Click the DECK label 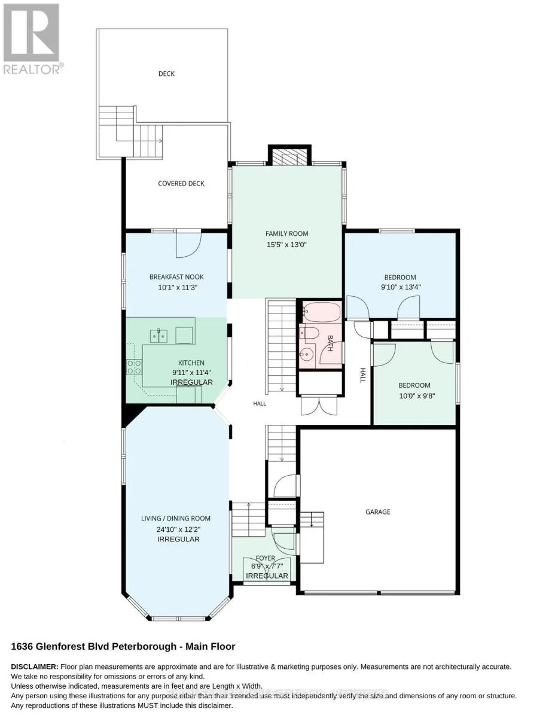tap(166, 74)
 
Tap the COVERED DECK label tap(181, 183)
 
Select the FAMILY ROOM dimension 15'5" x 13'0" tap(286, 245)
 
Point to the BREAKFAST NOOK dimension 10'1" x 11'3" tap(178, 287)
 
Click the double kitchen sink tap(158, 336)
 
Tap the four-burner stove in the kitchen tap(134, 367)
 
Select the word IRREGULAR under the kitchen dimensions tap(191, 382)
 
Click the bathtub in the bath tap(321, 312)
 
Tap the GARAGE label tap(378, 512)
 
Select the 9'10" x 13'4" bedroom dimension tap(401, 287)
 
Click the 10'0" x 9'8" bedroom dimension tap(417, 396)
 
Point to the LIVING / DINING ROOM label tap(176, 518)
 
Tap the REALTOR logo tap(32, 39)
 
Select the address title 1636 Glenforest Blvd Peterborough tap(94, 647)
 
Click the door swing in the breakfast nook tap(188, 245)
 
